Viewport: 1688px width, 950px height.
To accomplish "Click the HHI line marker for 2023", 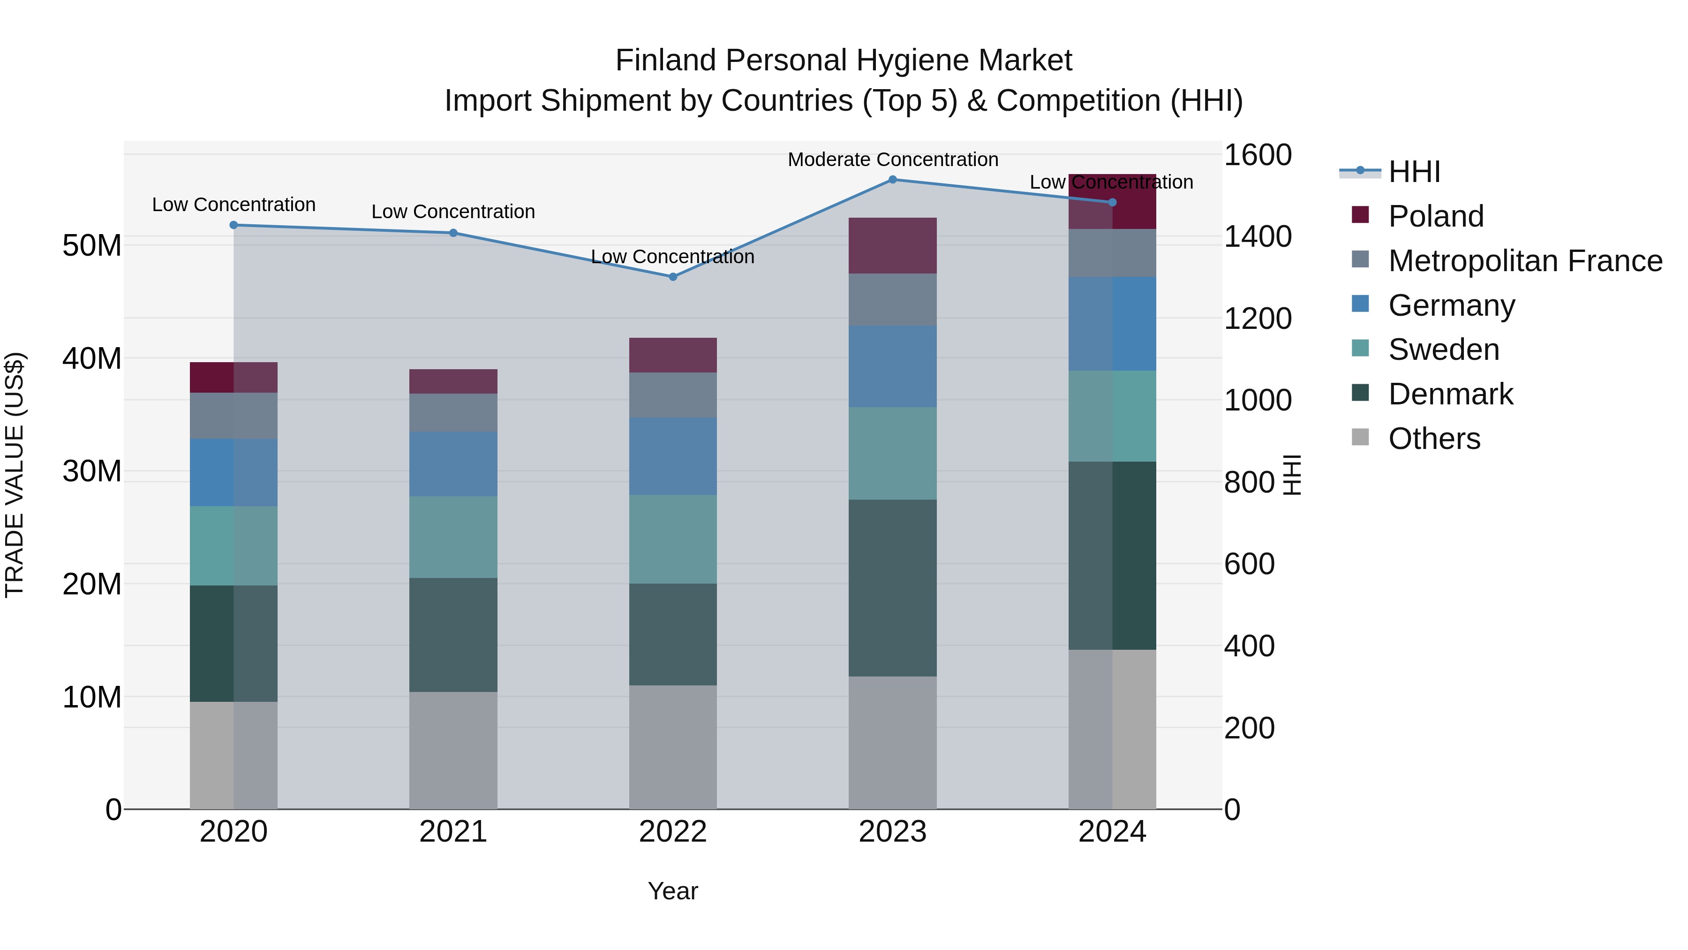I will point(892,179).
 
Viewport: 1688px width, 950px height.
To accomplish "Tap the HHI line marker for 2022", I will point(673,277).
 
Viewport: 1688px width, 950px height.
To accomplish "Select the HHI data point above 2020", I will point(234,225).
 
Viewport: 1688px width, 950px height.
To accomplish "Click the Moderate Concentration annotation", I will point(892,160).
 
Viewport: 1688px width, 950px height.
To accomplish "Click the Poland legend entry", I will point(1435,216).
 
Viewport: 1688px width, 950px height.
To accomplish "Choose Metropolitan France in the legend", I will point(1524,261).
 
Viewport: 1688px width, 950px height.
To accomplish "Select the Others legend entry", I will point(1434,439).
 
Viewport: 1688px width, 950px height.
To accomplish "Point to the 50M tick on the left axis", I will point(92,245).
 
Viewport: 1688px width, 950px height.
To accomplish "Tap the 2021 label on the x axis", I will point(453,832).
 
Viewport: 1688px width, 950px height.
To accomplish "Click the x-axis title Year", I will point(673,891).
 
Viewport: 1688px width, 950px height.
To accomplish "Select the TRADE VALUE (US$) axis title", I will point(15,475).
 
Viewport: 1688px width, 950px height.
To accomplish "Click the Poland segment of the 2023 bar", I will point(892,245).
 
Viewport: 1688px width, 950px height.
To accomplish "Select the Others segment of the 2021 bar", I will point(453,750).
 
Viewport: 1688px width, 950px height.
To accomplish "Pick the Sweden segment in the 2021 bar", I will point(453,537).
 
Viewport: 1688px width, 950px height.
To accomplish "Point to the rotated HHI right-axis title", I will point(1292,475).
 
